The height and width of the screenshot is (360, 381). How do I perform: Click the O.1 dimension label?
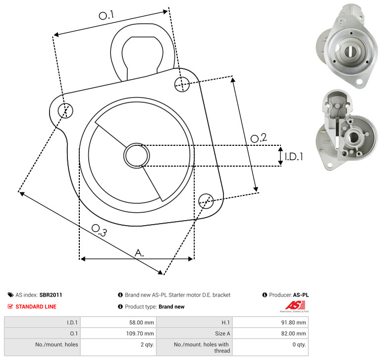tap(106, 15)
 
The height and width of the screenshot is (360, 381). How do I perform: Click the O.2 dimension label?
tap(259, 138)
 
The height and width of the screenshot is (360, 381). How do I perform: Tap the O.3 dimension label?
tap(99, 230)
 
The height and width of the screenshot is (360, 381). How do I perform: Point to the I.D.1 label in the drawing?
tap(294, 157)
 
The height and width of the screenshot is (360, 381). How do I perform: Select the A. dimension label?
tap(139, 253)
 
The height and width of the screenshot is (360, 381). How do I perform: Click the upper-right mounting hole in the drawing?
tap(182, 84)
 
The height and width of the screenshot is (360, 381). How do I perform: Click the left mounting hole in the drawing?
tap(65, 111)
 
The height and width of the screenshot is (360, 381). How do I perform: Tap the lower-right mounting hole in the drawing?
tap(206, 201)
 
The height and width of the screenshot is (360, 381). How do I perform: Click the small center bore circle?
tap(137, 156)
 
